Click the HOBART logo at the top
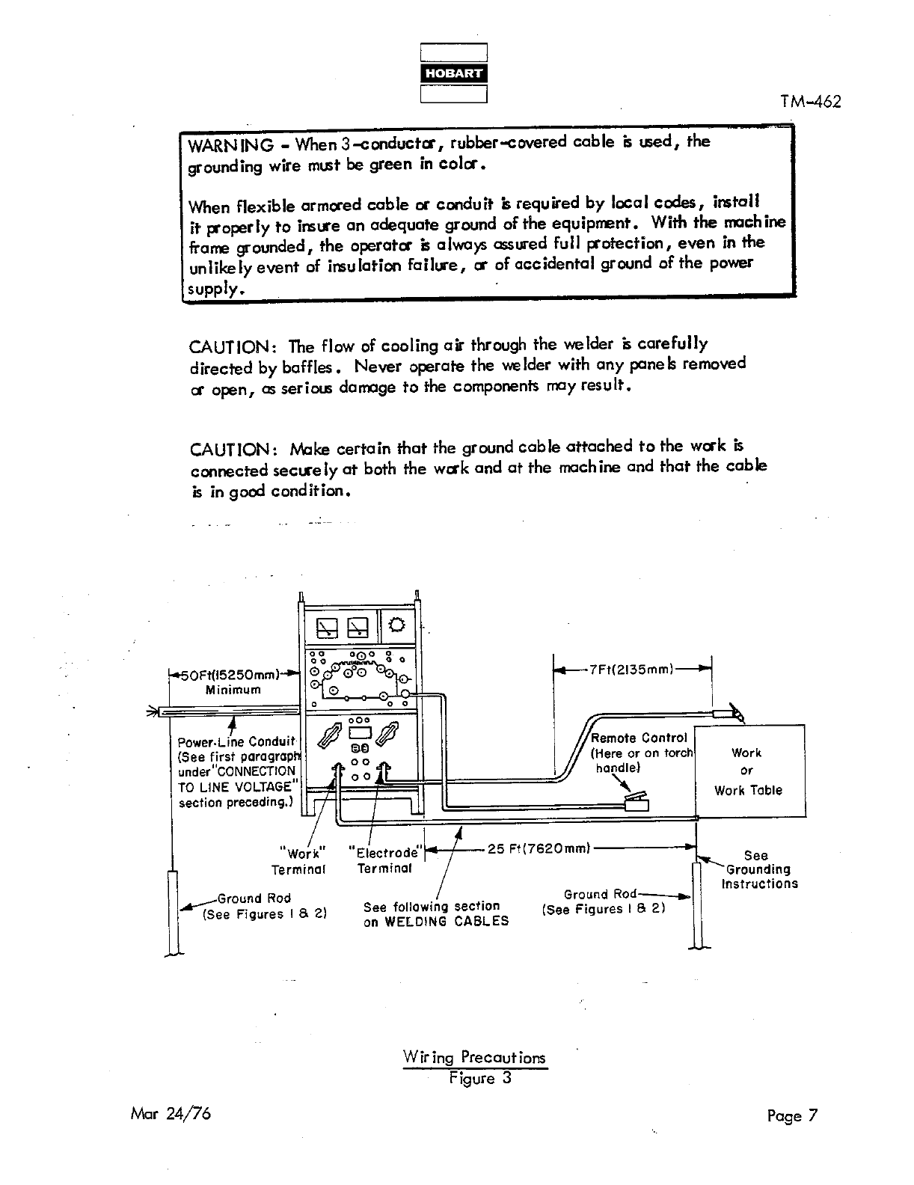click(454, 73)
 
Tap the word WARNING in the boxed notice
click(230, 144)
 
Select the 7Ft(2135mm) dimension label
click(631, 669)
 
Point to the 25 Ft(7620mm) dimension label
click(539, 848)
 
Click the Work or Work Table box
click(750, 771)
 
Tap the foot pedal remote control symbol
click(636, 804)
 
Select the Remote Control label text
click(639, 738)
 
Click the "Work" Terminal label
click(300, 861)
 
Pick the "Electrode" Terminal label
click(385, 860)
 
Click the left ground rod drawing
click(174, 913)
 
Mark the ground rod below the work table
click(697, 905)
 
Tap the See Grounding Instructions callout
click(758, 869)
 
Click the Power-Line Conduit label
click(236, 742)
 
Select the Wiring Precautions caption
click(474, 1058)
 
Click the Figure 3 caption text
click(479, 1078)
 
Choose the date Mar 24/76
click(171, 1113)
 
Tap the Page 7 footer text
click(792, 1116)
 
